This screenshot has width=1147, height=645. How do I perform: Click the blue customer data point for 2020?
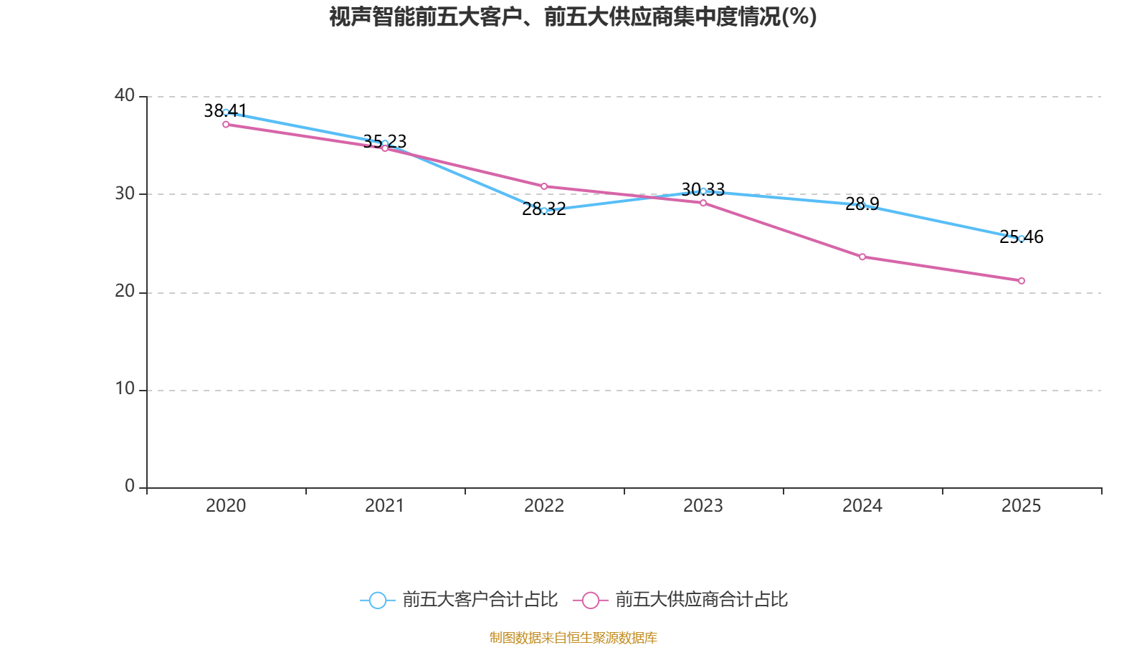coord(226,112)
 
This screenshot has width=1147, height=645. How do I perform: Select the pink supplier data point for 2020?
coord(226,125)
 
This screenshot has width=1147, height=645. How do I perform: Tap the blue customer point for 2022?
coord(544,211)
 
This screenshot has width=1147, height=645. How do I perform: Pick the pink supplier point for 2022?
coord(544,186)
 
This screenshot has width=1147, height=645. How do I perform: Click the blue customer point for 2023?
coord(703,191)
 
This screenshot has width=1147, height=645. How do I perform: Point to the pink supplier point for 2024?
coord(862,257)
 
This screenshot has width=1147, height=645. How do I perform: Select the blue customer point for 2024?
coord(862,206)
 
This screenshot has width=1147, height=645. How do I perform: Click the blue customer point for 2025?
coord(1022,239)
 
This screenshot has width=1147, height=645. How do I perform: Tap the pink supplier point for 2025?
coord(1022,281)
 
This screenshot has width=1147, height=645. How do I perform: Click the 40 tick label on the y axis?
coord(125,95)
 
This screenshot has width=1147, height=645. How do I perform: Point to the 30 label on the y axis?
coord(125,193)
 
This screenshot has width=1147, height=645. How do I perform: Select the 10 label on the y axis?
coord(125,388)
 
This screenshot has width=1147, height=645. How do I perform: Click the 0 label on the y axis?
coord(130,486)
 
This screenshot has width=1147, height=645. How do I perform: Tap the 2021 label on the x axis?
coord(385,506)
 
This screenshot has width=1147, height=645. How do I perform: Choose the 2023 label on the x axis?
coord(703,506)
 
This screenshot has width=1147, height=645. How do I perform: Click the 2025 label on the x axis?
coord(1021,506)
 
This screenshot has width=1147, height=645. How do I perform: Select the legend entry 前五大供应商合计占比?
coord(681,600)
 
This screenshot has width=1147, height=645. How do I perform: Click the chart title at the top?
coord(573,16)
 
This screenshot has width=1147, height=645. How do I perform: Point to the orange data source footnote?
coord(573,637)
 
